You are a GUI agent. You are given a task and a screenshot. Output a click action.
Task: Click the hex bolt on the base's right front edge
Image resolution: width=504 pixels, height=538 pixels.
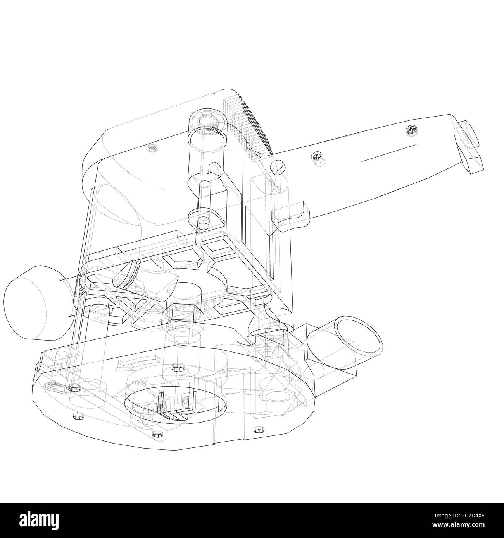point(257,429)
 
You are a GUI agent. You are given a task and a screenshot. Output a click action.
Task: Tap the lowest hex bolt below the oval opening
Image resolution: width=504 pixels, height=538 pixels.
point(157,434)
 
